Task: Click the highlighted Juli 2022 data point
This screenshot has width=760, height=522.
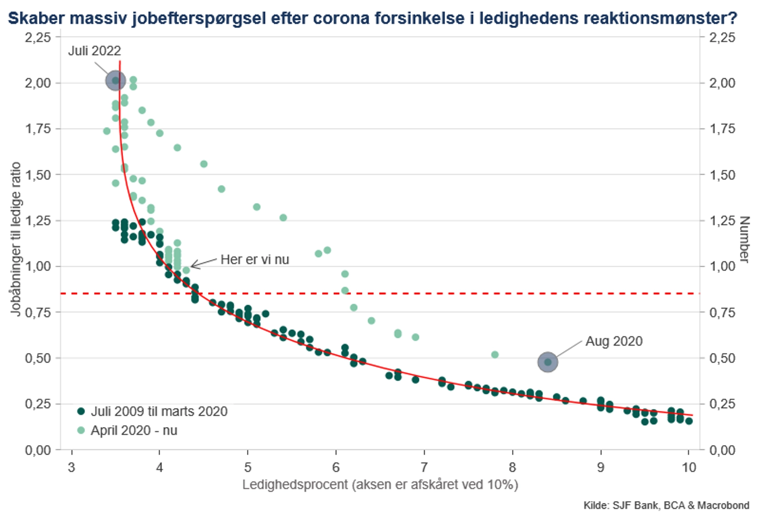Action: coord(116,80)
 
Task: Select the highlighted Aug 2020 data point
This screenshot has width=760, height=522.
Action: coord(547,362)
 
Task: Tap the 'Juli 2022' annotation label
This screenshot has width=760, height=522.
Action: coord(95,51)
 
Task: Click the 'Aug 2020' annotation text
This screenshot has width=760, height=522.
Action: coord(614,341)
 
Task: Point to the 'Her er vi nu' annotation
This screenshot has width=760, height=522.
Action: coord(255,259)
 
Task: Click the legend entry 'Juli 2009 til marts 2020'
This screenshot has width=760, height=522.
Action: coord(159,411)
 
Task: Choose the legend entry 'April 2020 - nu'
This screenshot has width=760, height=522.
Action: coord(134,430)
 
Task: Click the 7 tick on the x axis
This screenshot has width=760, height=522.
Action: coord(424,467)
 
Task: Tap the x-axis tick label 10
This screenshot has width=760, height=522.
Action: coord(689,467)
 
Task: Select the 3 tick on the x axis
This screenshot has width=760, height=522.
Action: coord(71,467)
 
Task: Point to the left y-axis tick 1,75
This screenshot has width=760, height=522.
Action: coord(38,129)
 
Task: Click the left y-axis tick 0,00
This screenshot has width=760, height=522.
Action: coord(38,450)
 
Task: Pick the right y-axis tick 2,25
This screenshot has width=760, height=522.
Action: coord(722,37)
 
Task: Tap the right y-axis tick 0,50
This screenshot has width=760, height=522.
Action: coord(722,358)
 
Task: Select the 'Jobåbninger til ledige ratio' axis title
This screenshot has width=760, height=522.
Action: coord(15,240)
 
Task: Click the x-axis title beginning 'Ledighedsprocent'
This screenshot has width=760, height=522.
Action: coord(380,484)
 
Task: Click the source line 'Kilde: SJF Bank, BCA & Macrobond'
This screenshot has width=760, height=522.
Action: coord(666,505)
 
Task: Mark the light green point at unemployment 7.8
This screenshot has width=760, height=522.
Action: coord(495,354)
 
